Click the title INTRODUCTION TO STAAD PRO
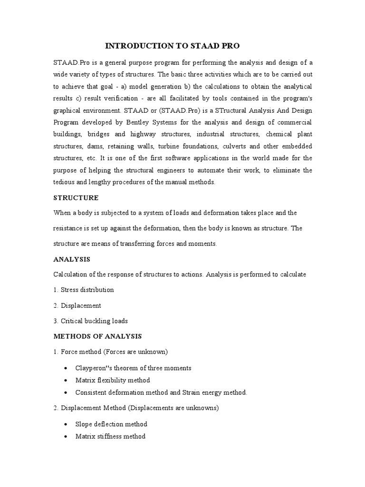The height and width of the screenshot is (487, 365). tap(172, 46)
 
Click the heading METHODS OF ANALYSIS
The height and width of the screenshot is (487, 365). tap(97, 336)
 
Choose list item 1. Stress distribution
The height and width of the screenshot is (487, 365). tap(83, 290)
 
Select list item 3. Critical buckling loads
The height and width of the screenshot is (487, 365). tap(90, 321)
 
